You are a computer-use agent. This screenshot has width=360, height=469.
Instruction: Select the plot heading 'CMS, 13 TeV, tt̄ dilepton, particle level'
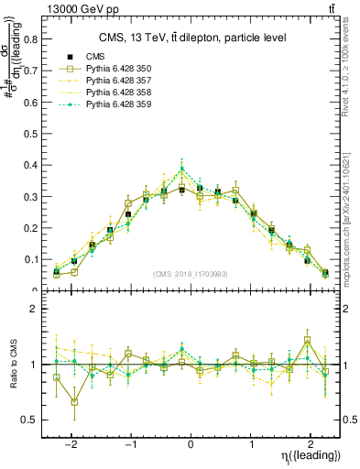(192, 38)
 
